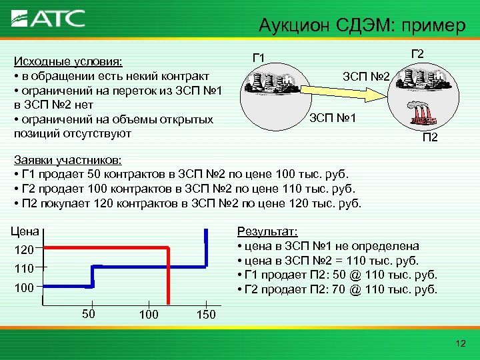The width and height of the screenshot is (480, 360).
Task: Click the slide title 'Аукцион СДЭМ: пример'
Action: [363, 27]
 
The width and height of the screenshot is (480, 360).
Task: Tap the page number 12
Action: [459, 343]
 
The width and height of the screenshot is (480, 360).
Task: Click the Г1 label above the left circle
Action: [258, 58]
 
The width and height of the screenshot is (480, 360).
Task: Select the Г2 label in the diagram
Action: [419, 53]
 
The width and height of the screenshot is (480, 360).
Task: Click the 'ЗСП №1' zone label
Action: [334, 119]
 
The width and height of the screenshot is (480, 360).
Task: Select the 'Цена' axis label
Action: [24, 232]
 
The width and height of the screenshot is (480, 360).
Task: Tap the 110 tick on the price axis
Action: [24, 269]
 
